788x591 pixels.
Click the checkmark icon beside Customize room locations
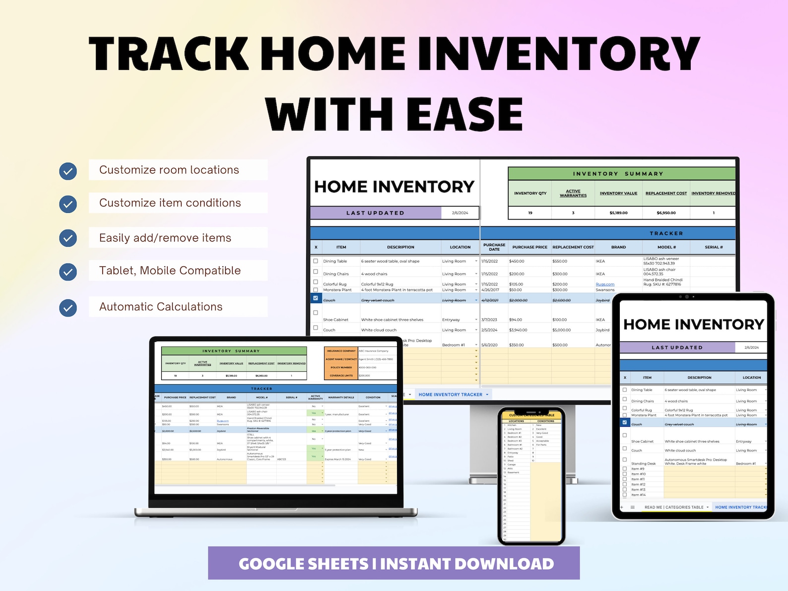tap(68, 171)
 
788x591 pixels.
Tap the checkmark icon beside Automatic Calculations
tap(68, 308)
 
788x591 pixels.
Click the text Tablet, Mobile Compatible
tap(170, 271)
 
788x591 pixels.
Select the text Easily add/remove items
tap(165, 238)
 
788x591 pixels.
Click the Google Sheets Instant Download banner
tap(394, 563)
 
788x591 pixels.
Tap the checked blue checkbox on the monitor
tap(316, 298)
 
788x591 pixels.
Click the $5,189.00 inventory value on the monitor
tap(618, 213)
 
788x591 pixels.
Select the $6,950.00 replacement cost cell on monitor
tap(666, 213)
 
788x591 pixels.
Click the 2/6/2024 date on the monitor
tap(460, 213)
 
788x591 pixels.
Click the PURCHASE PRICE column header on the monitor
tap(529, 247)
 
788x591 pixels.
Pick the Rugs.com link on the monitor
tap(605, 284)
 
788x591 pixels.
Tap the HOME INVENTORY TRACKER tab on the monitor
tap(450, 394)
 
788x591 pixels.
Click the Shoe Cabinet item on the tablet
tap(642, 441)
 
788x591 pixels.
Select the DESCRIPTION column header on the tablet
tap(699, 378)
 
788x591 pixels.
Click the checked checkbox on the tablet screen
tap(625, 423)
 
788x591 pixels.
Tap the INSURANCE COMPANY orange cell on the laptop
tap(341, 351)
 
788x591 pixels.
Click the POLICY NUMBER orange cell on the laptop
tap(341, 368)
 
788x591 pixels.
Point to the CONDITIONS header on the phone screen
tap(545, 421)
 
